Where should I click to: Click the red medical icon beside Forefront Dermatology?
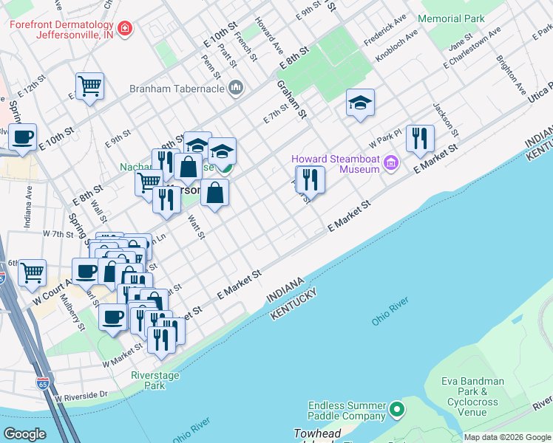pyautogui.click(x=126, y=29)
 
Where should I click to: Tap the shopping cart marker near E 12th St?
pyautogui.click(x=89, y=86)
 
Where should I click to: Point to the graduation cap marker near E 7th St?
pyautogui.click(x=360, y=103)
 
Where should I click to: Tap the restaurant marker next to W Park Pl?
pyautogui.click(x=419, y=138)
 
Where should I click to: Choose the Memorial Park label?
pyautogui.click(x=452, y=18)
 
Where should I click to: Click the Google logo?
pyautogui.click(x=25, y=434)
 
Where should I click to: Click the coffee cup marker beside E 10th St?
pyautogui.click(x=21, y=137)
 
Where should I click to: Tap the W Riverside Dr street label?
pyautogui.click(x=82, y=396)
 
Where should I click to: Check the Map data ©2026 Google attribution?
pyautogui.click(x=507, y=437)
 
